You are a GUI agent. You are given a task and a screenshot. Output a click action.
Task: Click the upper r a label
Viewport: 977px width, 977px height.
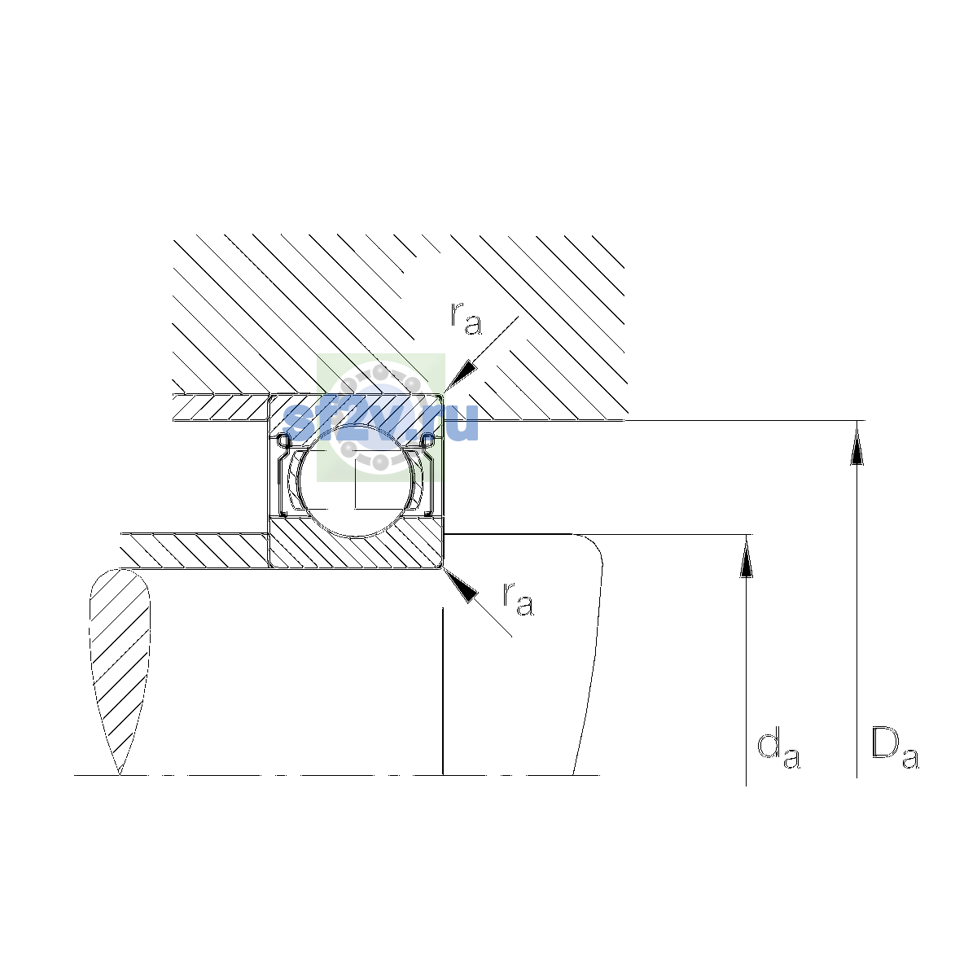point(466,319)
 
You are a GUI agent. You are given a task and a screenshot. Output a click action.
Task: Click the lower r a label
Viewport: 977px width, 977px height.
point(518,599)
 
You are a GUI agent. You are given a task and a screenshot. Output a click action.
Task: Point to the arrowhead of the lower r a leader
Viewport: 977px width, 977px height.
point(462,585)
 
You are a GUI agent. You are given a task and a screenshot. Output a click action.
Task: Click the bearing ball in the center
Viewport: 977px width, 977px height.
point(357,480)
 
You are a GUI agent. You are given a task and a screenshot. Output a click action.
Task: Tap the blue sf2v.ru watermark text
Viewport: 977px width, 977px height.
point(381,423)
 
